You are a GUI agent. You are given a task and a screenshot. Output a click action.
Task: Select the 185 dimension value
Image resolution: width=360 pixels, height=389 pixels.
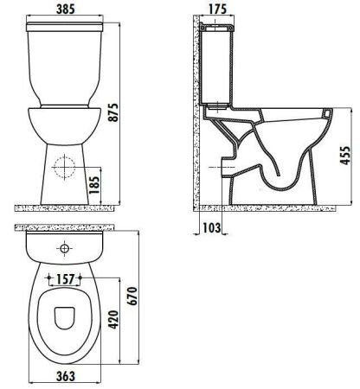(104, 184)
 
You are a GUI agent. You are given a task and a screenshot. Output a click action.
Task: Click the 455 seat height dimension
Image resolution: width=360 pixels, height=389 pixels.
(346, 157)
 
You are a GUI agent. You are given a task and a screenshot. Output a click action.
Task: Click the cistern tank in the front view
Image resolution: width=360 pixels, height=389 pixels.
(65, 69)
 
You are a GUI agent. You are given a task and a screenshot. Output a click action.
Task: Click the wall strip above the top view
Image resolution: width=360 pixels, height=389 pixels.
(65, 229)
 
